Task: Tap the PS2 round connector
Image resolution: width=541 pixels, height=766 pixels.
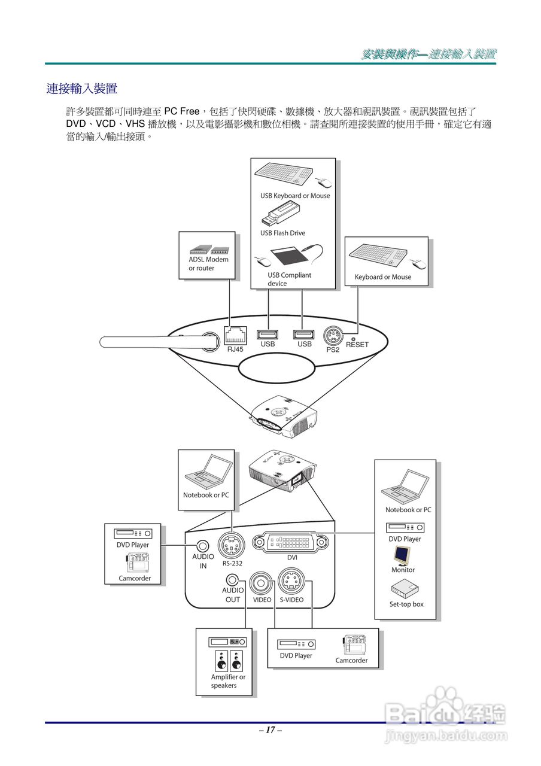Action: (x=333, y=336)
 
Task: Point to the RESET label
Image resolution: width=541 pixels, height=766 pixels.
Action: (x=357, y=345)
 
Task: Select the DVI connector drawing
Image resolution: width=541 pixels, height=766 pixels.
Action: (x=291, y=542)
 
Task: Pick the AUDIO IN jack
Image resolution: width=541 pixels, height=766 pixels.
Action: (x=203, y=546)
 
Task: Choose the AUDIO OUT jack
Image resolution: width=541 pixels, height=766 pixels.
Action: (x=233, y=580)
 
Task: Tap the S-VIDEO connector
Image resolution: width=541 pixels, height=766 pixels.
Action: (x=291, y=581)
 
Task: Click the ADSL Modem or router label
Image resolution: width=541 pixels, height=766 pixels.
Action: (x=208, y=264)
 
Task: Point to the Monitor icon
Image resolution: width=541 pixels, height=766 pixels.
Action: (x=402, y=556)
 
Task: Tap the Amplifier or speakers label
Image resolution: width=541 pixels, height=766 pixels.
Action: (x=227, y=681)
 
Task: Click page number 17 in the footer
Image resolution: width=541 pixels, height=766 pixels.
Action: (x=270, y=730)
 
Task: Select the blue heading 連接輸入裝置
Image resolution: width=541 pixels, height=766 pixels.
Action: (x=82, y=89)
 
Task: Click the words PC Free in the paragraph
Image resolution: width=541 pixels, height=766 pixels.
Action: (x=182, y=111)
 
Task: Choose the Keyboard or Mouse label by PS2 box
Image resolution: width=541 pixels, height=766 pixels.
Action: (x=382, y=277)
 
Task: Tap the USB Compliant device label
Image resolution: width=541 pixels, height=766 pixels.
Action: (x=289, y=279)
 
